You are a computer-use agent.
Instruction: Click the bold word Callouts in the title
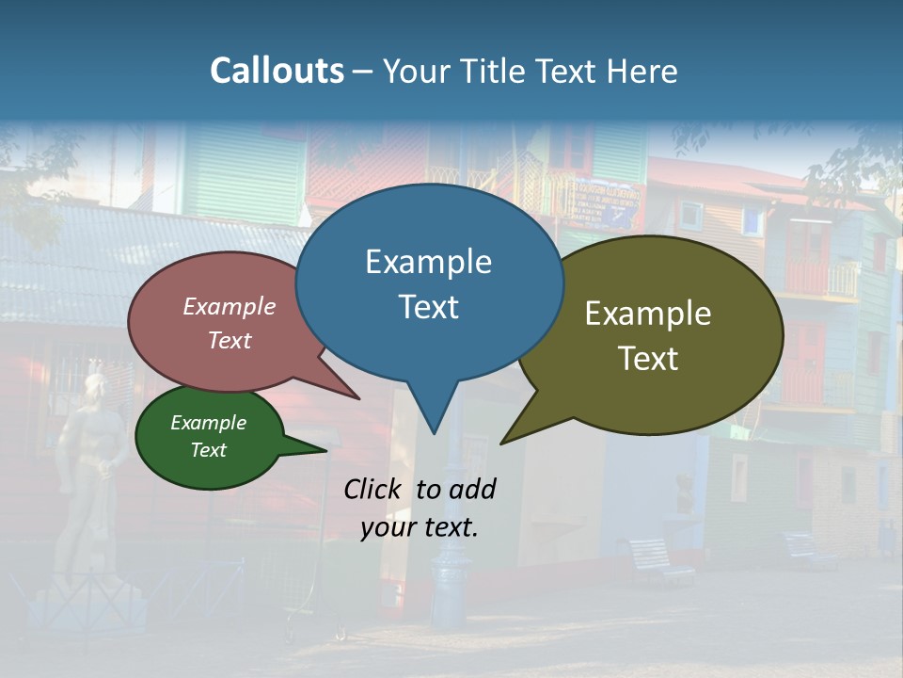277,71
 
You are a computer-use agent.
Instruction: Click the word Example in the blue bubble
428,262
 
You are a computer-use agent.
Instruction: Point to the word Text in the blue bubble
428,307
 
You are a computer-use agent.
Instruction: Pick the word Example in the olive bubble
648,314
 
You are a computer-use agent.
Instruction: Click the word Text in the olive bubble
648,359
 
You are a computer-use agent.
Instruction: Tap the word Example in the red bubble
230,306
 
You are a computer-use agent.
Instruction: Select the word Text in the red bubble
230,340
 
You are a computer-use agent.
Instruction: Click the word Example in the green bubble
208,423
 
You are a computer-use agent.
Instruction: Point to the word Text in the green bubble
208,450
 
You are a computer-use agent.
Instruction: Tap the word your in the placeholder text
388,528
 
